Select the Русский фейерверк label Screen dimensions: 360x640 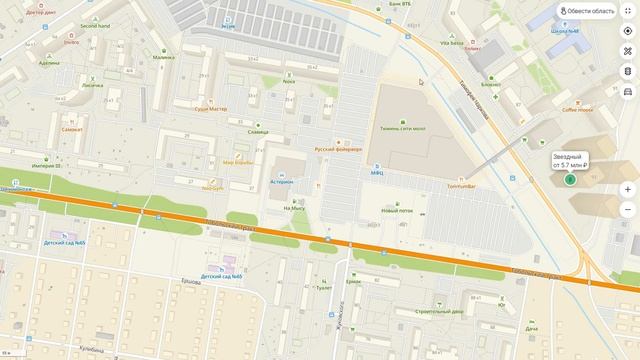click(x=337, y=149)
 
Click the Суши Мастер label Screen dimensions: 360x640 click(x=210, y=108)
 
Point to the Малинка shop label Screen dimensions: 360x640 click(x=163, y=57)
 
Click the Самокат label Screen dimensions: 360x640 click(x=72, y=129)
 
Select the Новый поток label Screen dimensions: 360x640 click(x=397, y=211)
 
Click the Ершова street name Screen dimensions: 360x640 click(x=191, y=283)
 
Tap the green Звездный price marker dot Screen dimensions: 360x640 click(x=569, y=180)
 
